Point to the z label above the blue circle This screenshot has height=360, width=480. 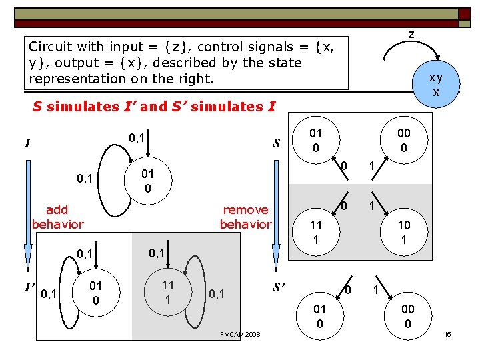pos(411,34)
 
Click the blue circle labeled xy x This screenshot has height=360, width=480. pos(435,85)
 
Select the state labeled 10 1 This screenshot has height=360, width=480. pos(403,233)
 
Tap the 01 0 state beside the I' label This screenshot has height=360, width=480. pos(96,293)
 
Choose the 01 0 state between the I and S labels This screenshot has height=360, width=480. pos(148,181)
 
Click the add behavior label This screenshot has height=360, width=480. pos(57,217)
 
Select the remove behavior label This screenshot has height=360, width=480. pos(245,217)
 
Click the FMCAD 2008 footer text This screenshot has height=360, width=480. pos(240,333)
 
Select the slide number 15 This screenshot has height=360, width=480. pos(447,333)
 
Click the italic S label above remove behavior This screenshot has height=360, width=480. pos(276,143)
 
